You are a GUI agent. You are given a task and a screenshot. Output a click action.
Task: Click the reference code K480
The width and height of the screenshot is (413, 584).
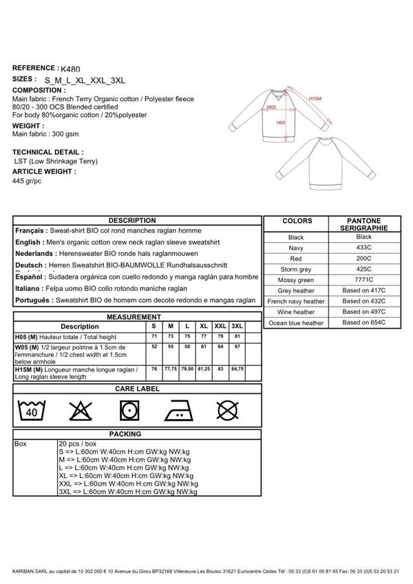(71, 69)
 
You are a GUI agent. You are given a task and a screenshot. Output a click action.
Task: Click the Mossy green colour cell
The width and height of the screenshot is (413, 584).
(296, 281)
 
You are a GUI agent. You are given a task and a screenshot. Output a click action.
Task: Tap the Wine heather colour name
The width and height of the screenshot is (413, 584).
(296, 312)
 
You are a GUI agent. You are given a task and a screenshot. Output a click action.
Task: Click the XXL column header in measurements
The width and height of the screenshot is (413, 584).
(220, 326)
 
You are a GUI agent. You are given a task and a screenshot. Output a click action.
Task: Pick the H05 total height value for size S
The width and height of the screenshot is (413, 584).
(154, 336)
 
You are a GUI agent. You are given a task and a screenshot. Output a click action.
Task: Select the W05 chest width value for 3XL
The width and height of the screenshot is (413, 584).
(237, 347)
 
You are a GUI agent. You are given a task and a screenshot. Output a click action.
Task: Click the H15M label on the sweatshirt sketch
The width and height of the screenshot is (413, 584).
(315, 99)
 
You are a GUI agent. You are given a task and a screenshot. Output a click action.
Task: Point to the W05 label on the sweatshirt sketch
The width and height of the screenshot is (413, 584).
(272, 108)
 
